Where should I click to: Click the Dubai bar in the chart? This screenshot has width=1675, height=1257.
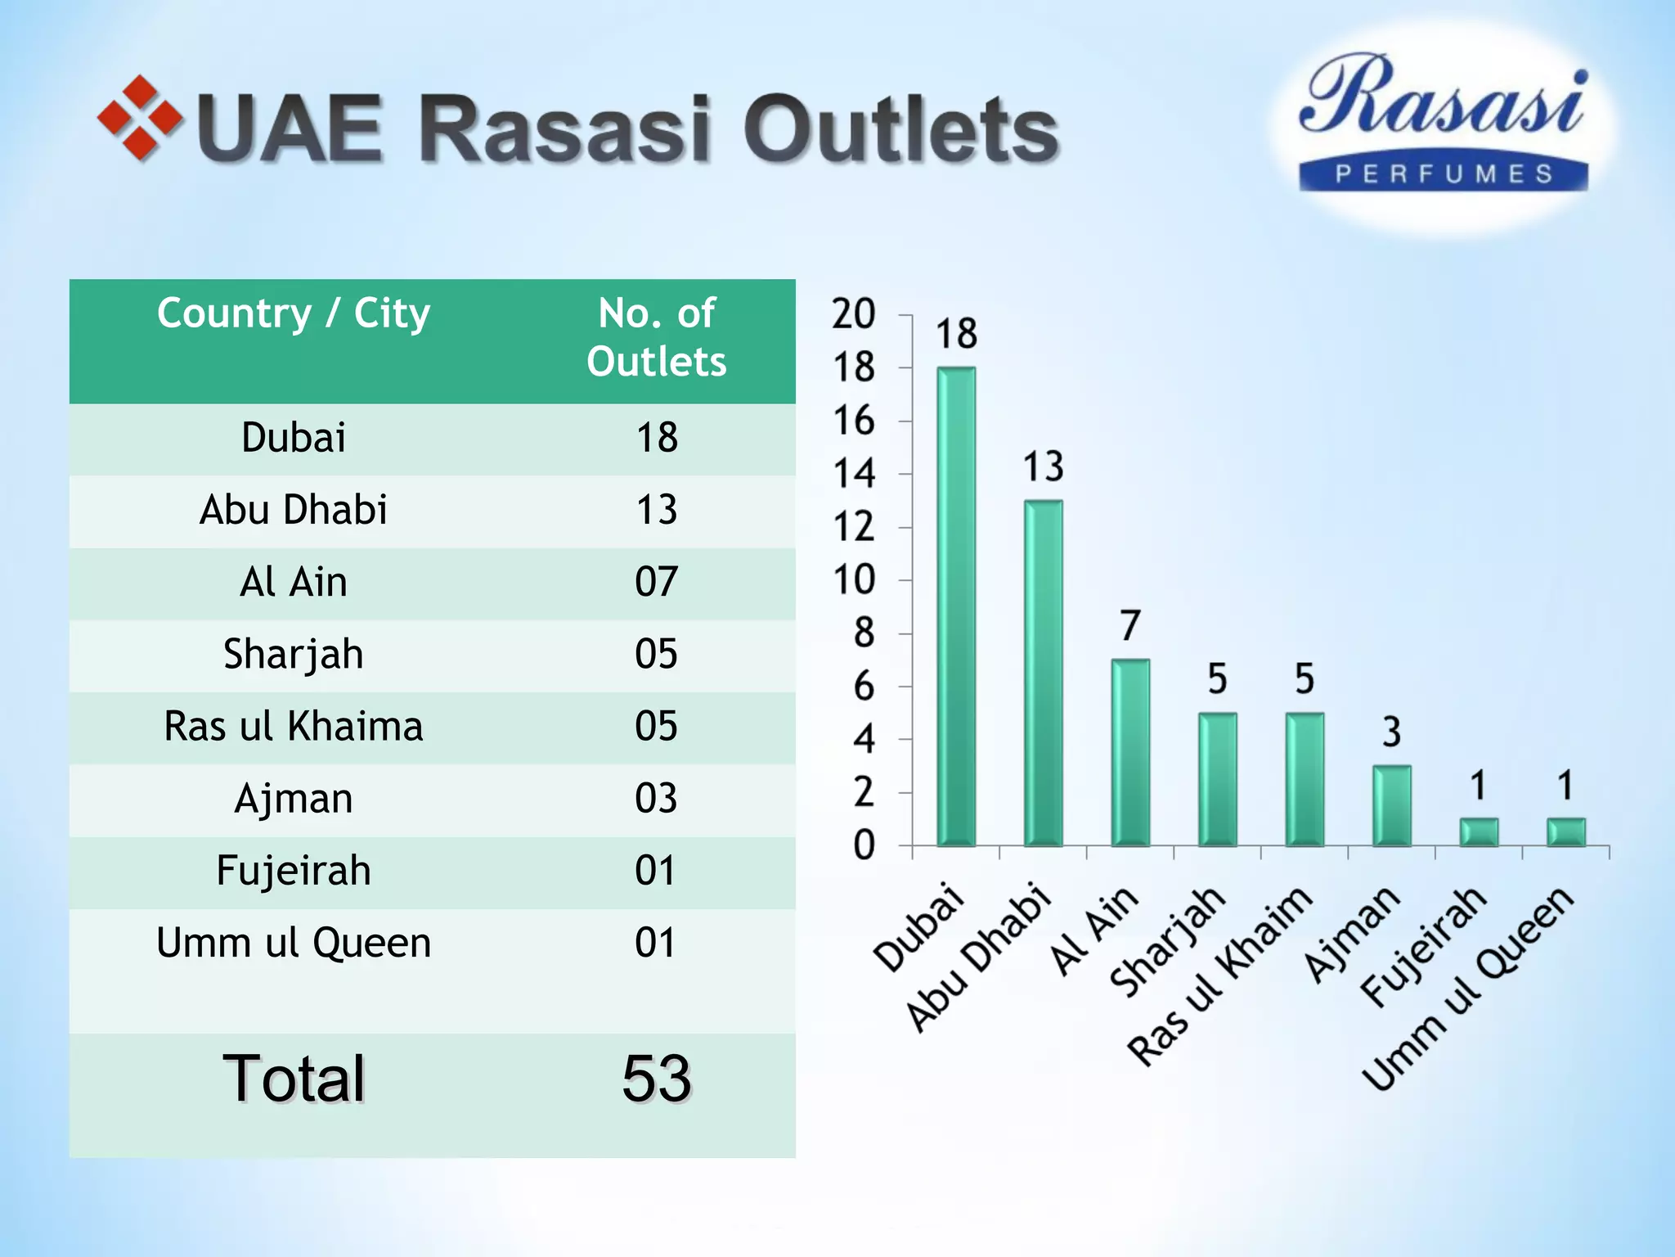pos(956,606)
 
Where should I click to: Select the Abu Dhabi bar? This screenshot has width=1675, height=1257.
pos(1044,673)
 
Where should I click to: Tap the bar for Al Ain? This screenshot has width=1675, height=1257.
pos(1130,752)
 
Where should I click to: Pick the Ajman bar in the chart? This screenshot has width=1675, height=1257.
pos(1392,805)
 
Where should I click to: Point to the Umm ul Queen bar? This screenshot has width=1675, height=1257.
pos(1565,831)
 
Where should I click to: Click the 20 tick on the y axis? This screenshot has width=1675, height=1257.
pos(854,314)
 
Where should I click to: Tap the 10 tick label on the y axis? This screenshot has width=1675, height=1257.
pos(854,580)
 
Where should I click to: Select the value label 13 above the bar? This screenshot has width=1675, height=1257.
pos(1044,466)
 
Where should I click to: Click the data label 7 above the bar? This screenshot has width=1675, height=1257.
pos(1130,626)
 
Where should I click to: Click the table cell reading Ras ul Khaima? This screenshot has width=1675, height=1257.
pos(294,727)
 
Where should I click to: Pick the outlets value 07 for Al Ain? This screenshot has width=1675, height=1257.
pos(656,583)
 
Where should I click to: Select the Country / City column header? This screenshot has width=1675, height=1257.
pos(294,313)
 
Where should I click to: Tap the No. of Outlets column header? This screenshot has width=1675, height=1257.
pos(656,337)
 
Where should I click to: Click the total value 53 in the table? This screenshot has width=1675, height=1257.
pos(656,1079)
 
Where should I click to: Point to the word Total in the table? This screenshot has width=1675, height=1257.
pos(294,1079)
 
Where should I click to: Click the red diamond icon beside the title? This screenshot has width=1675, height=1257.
pos(140,119)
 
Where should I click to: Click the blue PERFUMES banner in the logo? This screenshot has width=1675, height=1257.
pos(1444,173)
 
